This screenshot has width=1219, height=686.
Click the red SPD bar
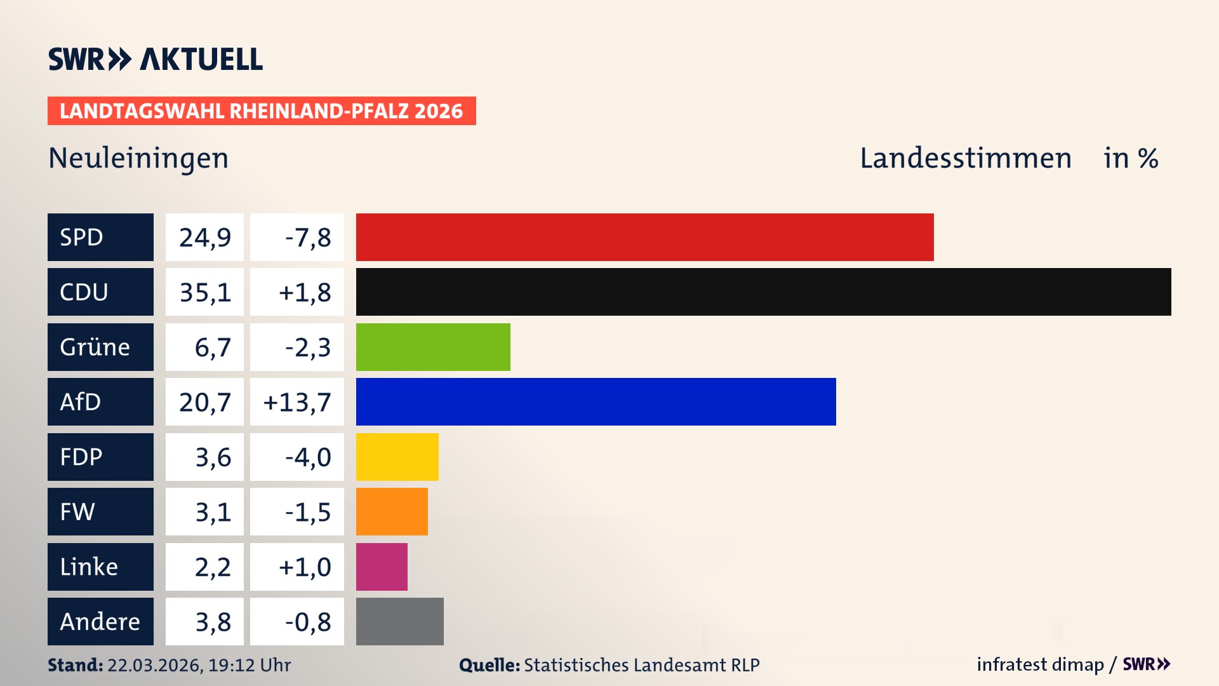tap(644, 237)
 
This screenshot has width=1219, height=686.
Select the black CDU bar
tap(763, 292)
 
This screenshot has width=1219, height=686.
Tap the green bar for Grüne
tap(433, 347)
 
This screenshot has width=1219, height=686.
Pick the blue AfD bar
tap(596, 401)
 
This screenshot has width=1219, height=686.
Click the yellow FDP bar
tap(397, 457)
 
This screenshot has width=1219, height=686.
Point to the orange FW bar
tap(392, 511)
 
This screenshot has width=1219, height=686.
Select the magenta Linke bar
tap(382, 567)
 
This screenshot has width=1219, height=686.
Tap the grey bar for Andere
tap(399, 621)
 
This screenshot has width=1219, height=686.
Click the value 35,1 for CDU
tap(204, 292)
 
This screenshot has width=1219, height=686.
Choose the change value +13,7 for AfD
tap(297, 402)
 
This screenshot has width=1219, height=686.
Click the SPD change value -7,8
tap(307, 238)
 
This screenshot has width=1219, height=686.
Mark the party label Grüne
tap(95, 347)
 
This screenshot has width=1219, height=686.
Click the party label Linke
tap(89, 567)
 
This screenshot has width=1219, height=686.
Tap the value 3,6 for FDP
tap(213, 457)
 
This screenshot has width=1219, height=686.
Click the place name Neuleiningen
tap(138, 158)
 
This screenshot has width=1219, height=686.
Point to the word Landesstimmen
tap(965, 158)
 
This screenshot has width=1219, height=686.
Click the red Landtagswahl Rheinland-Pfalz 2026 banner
tap(262, 111)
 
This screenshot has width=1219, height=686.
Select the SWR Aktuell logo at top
tap(156, 59)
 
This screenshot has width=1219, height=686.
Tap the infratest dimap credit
tap(1040, 664)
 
